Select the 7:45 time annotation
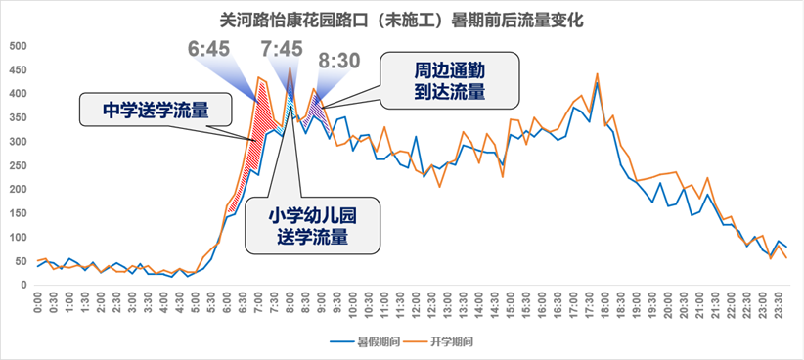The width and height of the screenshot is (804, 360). [x=282, y=49]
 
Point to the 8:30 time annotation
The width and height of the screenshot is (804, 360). [x=338, y=61]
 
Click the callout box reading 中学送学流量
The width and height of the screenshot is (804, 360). [x=156, y=110]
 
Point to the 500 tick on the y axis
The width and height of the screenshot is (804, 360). [x=18, y=47]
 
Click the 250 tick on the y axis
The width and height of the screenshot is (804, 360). [x=18, y=166]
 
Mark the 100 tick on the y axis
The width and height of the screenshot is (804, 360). [x=18, y=238]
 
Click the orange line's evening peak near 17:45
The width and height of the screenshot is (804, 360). [x=597, y=74]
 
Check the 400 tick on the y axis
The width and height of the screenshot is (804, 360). [x=18, y=95]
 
